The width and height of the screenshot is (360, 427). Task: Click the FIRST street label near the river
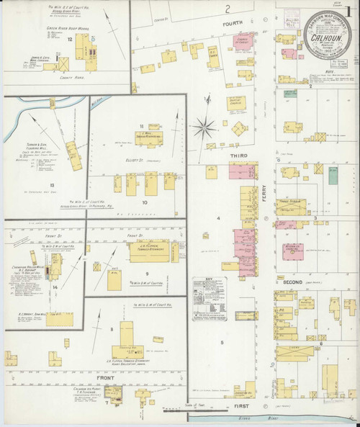point(243,406)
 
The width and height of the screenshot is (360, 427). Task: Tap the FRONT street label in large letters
point(104,377)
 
